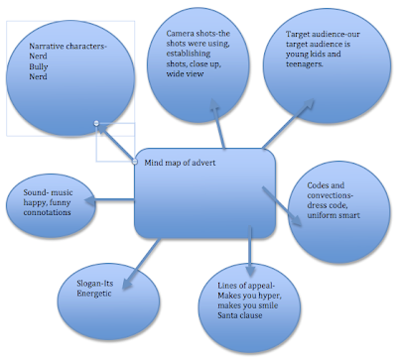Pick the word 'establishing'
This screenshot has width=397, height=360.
point(190,65)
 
